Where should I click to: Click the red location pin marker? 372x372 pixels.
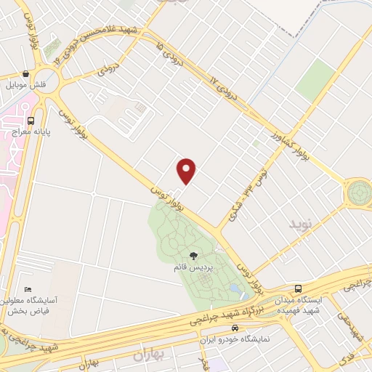coord(187,171)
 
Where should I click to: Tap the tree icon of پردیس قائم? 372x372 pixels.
coord(194,255)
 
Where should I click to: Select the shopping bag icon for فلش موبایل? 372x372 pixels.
coord(26,73)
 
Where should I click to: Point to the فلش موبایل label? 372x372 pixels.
coord(27,85)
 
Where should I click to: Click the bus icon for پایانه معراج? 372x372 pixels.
coord(30,121)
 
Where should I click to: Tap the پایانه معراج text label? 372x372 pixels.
coord(31,132)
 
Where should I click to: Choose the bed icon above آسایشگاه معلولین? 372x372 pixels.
coord(28,290)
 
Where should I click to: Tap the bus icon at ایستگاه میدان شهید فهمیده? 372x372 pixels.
coord(297,287)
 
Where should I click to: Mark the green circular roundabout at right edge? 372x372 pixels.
coord(359,193)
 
